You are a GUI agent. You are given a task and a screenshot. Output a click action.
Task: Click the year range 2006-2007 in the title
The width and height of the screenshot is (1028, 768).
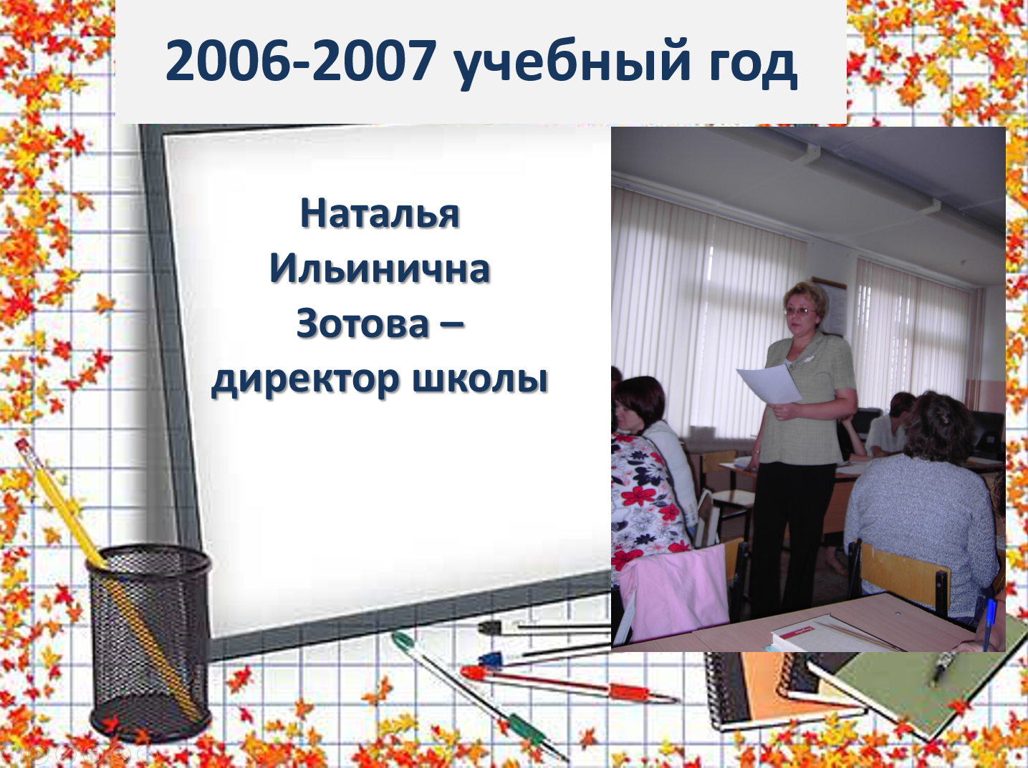pyautogui.click(x=301, y=61)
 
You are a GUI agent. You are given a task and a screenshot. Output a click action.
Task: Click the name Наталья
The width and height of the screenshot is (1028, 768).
pyautogui.click(x=380, y=213)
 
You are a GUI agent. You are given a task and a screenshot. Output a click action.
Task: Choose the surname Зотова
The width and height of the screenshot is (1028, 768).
pyautogui.click(x=362, y=324)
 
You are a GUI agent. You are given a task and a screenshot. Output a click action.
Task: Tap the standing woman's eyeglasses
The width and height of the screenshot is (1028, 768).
pyautogui.click(x=802, y=311)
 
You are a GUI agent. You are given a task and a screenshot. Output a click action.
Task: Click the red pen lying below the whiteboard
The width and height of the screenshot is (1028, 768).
pyautogui.click(x=567, y=684)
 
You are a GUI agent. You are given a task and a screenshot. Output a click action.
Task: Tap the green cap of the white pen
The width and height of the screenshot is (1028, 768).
pyautogui.click(x=401, y=640)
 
